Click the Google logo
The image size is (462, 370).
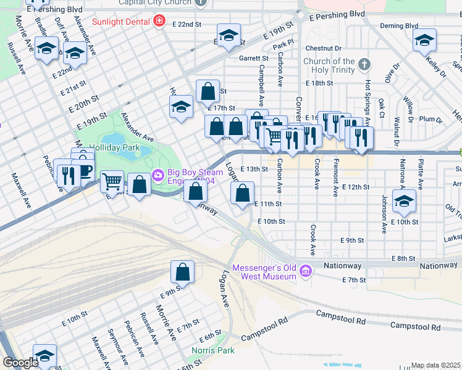[20, 363]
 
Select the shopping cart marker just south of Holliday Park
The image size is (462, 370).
[112, 182]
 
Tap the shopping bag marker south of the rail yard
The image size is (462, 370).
[182, 271]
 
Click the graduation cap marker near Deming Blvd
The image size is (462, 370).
[424, 41]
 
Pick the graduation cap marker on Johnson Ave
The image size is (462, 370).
[404, 201]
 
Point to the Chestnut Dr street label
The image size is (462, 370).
[323, 47]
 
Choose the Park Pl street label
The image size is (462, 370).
[283, 45]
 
